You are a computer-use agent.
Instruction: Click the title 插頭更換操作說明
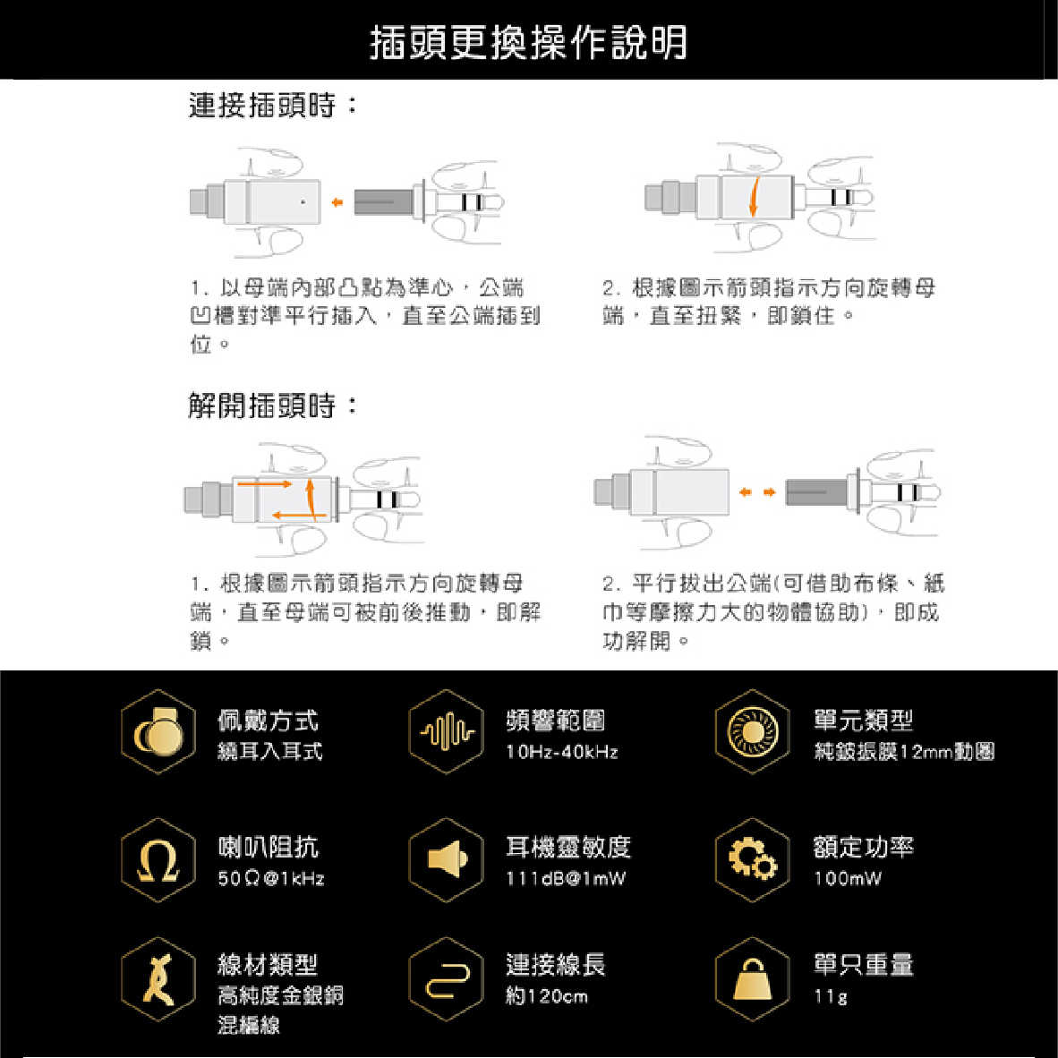pos(528,42)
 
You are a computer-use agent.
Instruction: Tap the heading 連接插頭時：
pos(272,106)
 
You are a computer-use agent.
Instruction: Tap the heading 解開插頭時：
pos(272,405)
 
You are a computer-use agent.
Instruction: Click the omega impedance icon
pos(158,860)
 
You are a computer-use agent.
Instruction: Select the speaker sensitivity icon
pos(446,860)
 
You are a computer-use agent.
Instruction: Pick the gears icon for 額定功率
pos(752,860)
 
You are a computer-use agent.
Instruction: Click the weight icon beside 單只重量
pos(752,980)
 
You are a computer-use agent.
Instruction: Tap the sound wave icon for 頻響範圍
pos(446,732)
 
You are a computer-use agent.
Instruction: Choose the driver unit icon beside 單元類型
pos(752,732)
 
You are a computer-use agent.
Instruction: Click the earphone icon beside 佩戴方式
pos(158,732)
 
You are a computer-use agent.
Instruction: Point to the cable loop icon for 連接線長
pos(446,980)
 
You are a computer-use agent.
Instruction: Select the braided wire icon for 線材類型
pos(158,980)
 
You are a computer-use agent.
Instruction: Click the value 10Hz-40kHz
pos(561,752)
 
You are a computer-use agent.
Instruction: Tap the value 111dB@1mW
pos(566,878)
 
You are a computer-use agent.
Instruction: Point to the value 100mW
pos(847,878)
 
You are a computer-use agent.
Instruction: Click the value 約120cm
pos(546,996)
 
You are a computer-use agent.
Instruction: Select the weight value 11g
pos(830,996)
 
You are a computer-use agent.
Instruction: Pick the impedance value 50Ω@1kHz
pos(270,878)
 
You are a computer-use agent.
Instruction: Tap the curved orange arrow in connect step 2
pos(754,196)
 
